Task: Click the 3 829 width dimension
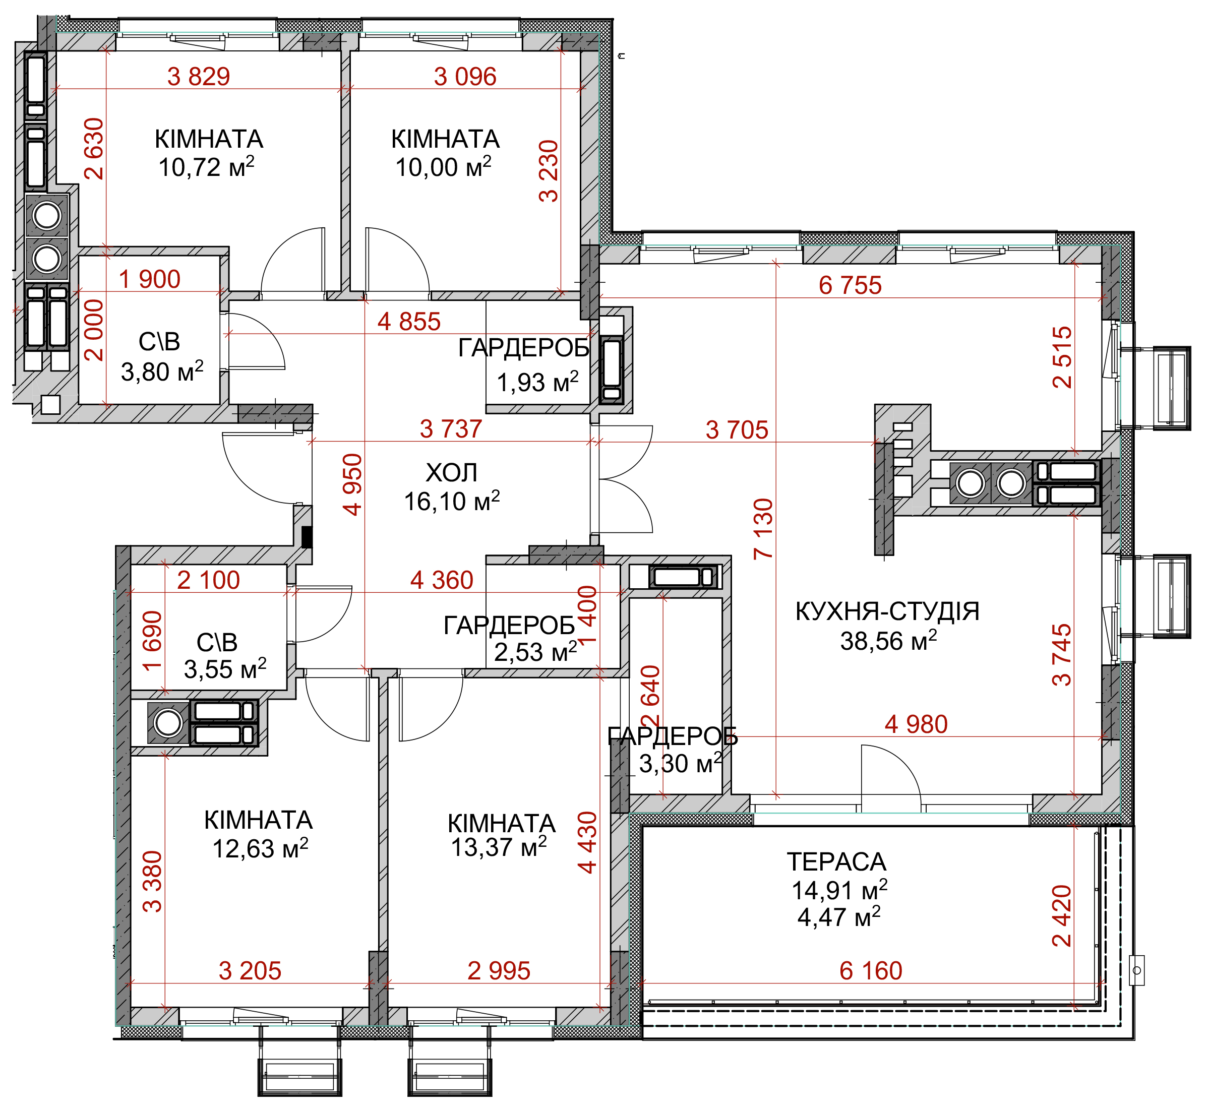click(x=199, y=77)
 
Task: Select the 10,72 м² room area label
click(x=207, y=167)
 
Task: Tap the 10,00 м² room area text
click(x=443, y=167)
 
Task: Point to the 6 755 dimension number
click(x=850, y=285)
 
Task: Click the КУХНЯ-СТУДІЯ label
click(x=887, y=611)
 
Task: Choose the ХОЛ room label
click(x=452, y=473)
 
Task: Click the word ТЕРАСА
click(x=836, y=862)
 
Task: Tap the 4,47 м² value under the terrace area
click(x=839, y=917)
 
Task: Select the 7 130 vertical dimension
click(x=763, y=529)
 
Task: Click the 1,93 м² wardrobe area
click(x=538, y=382)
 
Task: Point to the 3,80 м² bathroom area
click(x=162, y=372)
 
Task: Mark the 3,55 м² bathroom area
click(x=225, y=669)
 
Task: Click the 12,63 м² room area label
click(x=260, y=848)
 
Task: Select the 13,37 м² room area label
click(x=499, y=847)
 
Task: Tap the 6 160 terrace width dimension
click(x=871, y=971)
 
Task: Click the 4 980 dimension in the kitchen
click(x=916, y=724)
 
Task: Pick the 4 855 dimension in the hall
click(x=409, y=322)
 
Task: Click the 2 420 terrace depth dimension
click(x=1062, y=915)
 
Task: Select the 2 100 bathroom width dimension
click(x=208, y=580)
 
